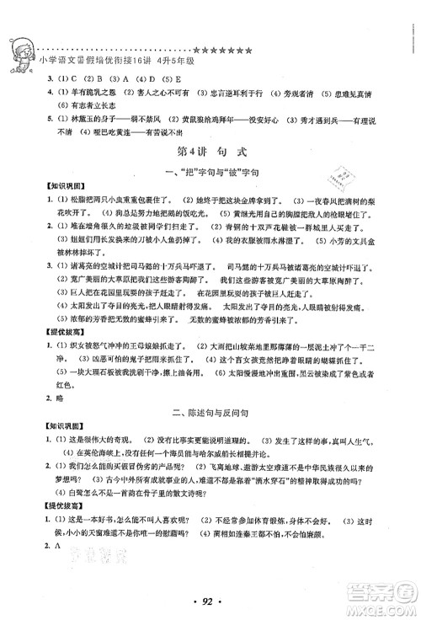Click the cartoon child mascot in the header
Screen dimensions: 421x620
pyautogui.click(x=21, y=56)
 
